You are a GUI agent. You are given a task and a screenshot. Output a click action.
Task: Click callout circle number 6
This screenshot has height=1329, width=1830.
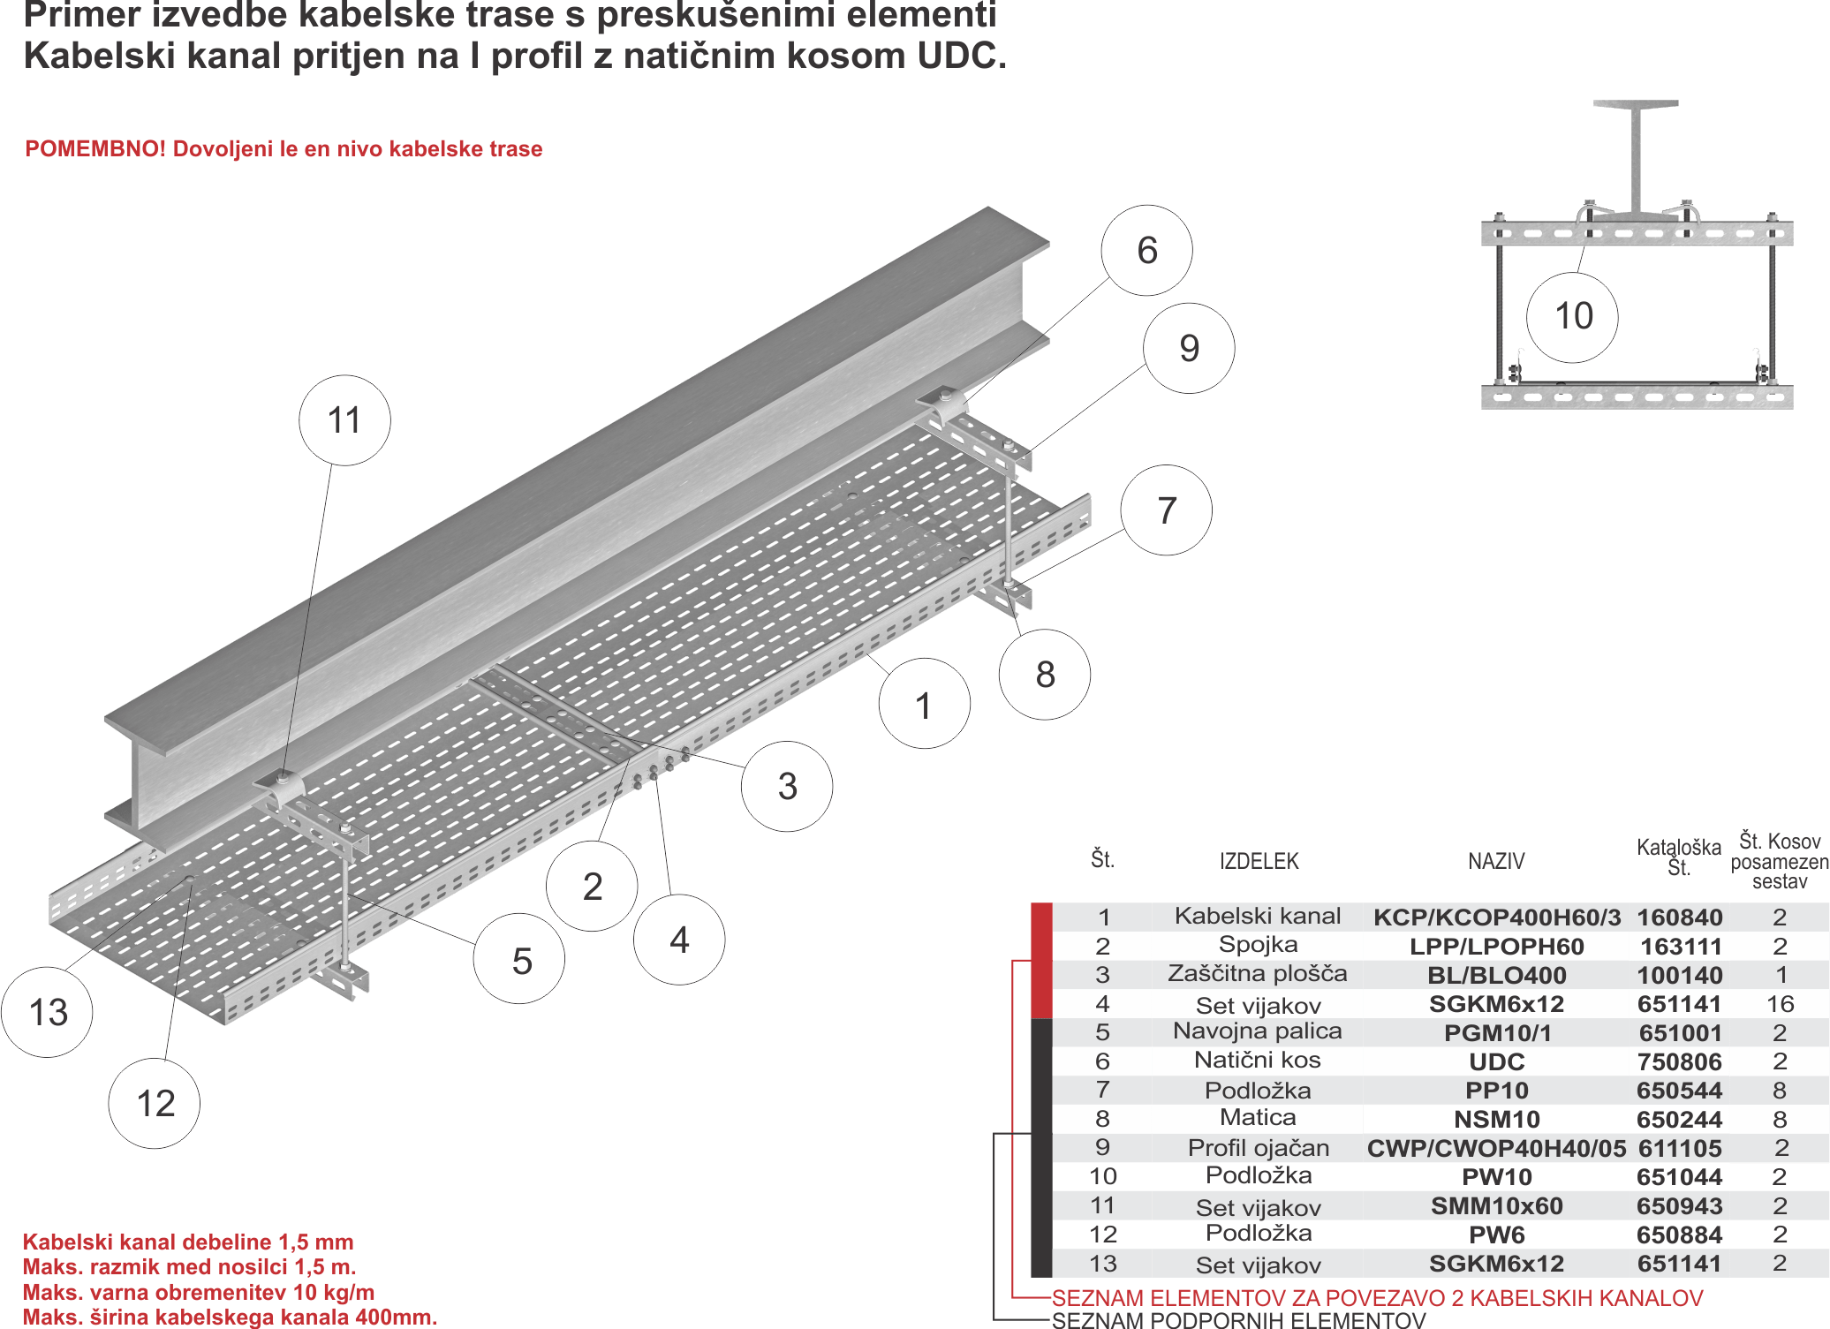(1146, 251)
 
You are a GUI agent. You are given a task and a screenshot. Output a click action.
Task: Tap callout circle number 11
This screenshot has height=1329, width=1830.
(344, 420)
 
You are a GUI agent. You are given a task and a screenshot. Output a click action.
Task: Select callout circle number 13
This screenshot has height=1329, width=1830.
(48, 1012)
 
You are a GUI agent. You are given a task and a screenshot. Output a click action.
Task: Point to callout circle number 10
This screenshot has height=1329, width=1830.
(1573, 317)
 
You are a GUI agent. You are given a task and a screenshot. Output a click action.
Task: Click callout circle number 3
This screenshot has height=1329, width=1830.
(787, 786)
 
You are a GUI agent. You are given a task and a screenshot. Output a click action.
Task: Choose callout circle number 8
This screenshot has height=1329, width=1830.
(1045, 675)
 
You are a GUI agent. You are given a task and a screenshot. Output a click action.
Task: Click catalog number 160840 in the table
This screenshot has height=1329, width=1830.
(1679, 917)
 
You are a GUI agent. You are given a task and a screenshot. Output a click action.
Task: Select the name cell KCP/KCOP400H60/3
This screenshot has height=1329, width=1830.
(1496, 917)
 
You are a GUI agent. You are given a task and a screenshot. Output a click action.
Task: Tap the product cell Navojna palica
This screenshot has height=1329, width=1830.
(1257, 1031)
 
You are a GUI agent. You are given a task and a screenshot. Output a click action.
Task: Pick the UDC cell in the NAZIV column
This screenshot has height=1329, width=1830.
(1496, 1061)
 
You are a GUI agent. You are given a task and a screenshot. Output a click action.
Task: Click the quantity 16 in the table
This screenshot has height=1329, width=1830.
(1780, 1004)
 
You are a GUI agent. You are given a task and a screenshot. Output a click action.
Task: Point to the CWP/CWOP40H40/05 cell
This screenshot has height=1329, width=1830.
(1496, 1148)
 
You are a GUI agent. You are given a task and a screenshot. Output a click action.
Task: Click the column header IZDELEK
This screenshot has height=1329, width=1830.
(1259, 861)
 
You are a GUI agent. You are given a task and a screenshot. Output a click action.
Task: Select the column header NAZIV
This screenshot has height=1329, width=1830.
(1496, 861)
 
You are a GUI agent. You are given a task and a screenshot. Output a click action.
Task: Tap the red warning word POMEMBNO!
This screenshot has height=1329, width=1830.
(95, 149)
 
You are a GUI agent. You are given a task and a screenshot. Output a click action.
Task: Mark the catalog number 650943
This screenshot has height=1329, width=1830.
(1679, 1206)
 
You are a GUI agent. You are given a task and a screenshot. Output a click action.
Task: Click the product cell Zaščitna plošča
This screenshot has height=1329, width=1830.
(1257, 974)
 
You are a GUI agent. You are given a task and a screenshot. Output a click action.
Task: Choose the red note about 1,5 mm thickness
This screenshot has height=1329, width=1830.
(188, 1242)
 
